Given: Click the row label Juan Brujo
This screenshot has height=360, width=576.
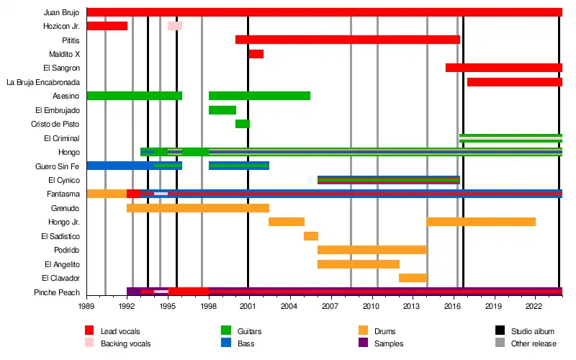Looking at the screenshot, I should [x=61, y=12].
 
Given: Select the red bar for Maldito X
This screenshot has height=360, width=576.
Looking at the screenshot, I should [x=256, y=54].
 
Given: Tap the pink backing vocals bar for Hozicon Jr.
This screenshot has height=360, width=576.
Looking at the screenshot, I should [x=175, y=26].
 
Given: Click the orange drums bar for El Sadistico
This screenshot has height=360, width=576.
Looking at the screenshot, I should [x=310, y=236].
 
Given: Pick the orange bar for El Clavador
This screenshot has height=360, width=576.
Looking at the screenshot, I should [x=413, y=278].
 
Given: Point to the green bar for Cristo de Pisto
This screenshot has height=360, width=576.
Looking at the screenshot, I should [x=242, y=124].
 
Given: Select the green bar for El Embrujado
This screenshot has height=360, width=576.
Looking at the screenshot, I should [x=222, y=110].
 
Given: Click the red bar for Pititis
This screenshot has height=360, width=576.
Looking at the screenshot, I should [x=347, y=40].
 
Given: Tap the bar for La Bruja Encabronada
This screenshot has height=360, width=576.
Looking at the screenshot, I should [x=514, y=82].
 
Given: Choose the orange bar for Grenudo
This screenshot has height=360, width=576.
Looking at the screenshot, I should [x=198, y=208].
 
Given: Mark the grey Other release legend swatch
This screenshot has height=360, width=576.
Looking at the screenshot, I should [x=500, y=343].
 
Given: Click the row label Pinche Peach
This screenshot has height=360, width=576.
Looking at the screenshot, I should [x=57, y=292].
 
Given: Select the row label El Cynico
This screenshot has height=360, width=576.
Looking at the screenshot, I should [x=63, y=180].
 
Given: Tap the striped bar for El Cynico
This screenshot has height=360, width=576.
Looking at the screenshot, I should [x=388, y=180].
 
